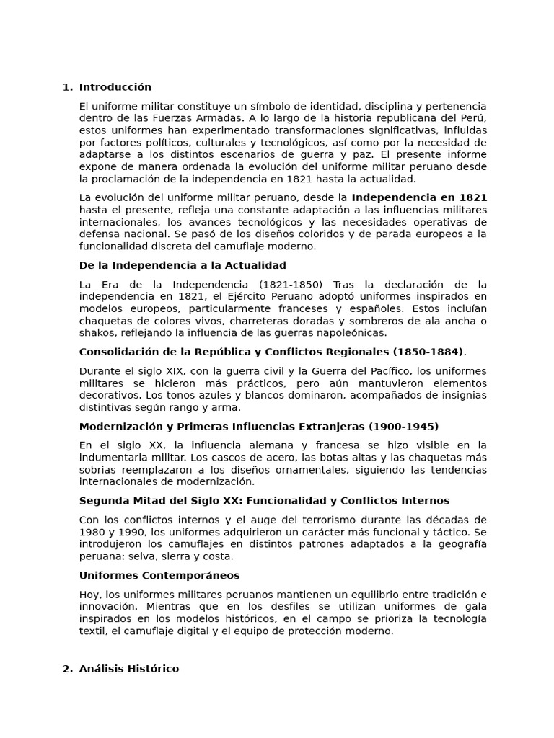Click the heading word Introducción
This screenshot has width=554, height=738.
115,87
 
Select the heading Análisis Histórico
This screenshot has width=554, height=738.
129,669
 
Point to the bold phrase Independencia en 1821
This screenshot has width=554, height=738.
419,197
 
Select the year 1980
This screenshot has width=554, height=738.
90,532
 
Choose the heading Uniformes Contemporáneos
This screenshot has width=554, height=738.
159,575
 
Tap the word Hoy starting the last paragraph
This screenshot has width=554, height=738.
89,594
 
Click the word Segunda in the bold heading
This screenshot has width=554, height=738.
102,500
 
